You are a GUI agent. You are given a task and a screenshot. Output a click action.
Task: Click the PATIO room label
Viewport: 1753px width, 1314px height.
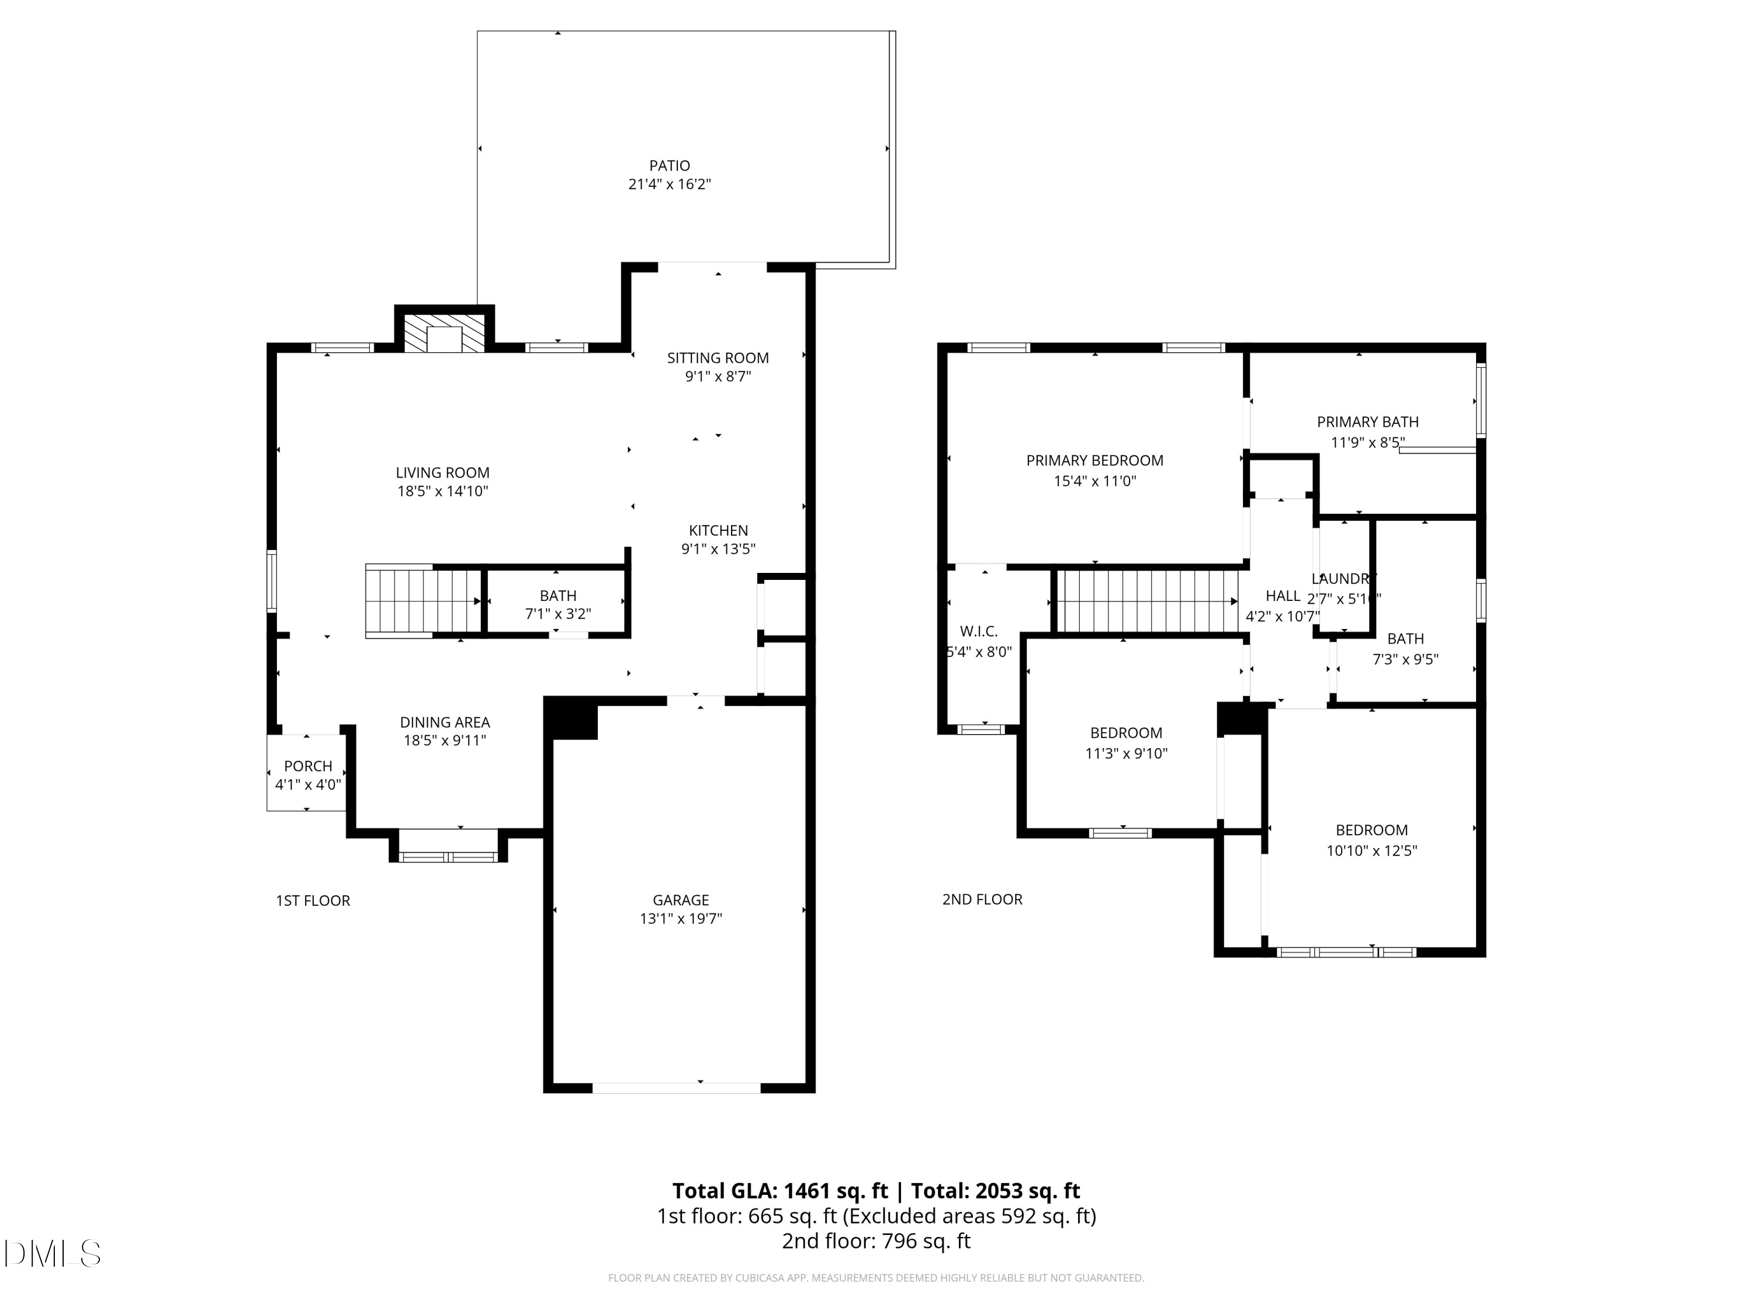[669, 165]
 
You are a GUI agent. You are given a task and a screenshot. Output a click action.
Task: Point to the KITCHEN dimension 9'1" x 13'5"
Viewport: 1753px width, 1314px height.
[718, 549]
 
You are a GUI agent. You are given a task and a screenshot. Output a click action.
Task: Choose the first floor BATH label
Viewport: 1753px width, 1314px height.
[558, 596]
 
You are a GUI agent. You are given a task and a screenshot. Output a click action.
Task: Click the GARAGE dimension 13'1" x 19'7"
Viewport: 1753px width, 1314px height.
[681, 919]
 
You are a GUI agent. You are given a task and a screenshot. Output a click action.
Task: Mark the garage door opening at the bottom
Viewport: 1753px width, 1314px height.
[676, 1088]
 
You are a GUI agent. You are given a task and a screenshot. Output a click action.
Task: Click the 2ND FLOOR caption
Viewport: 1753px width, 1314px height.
[982, 899]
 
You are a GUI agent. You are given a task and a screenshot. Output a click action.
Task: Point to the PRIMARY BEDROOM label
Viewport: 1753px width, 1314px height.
[1094, 460]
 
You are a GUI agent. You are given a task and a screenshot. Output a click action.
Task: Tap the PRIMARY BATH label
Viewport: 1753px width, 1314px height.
[1367, 422]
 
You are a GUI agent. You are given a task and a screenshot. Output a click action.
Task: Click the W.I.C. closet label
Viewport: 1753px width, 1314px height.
[979, 631]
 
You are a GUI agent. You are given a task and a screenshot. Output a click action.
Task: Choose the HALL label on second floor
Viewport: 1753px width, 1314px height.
[1282, 596]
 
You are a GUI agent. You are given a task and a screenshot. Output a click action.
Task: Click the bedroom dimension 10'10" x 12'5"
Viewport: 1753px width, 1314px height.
[1371, 851]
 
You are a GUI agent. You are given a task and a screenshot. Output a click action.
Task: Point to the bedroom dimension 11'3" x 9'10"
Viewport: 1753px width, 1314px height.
[1126, 753]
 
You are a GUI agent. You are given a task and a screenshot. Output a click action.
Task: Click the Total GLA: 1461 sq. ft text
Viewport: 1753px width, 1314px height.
[780, 1190]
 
